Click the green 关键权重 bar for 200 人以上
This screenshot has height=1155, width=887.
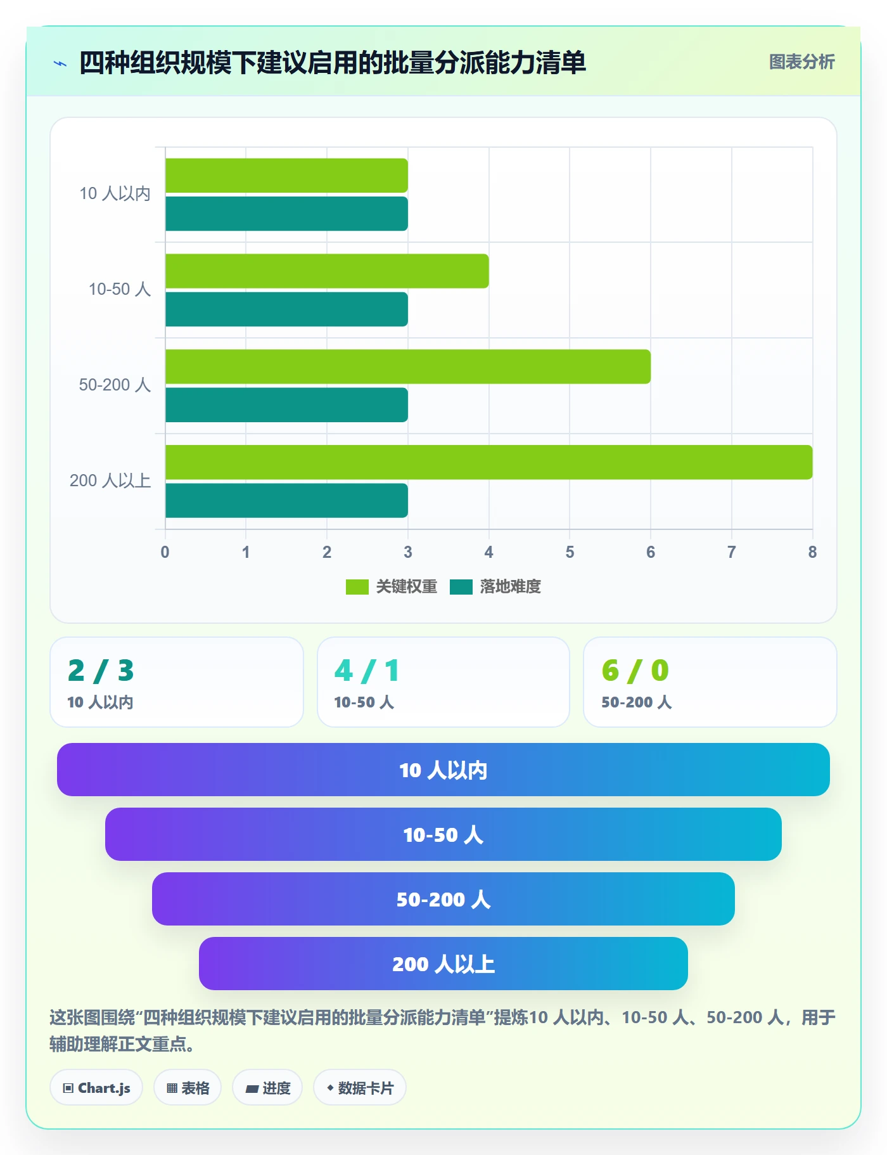pyautogui.click(x=488, y=462)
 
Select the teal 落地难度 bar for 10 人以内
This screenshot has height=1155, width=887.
pyautogui.click(x=286, y=214)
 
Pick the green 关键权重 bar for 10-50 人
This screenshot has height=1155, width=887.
pyautogui.click(x=327, y=271)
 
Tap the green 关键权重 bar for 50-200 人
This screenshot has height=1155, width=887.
pyautogui.click(x=408, y=366)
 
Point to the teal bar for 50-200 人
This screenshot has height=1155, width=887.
pyautogui.click(x=286, y=405)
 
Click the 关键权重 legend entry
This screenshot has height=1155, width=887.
pyautogui.click(x=392, y=586)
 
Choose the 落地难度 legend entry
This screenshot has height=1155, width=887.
pyautogui.click(x=495, y=586)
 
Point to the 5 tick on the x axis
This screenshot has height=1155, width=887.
pyautogui.click(x=570, y=552)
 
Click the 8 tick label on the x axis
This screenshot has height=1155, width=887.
pyautogui.click(x=812, y=552)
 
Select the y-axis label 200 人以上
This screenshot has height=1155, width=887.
pyautogui.click(x=110, y=481)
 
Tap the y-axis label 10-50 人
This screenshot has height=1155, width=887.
pyautogui.click(x=120, y=289)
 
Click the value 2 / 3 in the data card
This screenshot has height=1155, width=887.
pyautogui.click(x=101, y=671)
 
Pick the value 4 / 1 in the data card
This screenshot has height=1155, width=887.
pyautogui.click(x=367, y=671)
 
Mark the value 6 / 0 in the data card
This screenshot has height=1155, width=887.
pyautogui.click(x=635, y=671)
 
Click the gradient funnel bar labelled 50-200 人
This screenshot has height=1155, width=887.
pyautogui.click(x=443, y=899)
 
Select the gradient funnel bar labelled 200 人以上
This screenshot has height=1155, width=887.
pyautogui.click(x=443, y=964)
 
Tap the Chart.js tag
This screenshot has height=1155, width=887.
pyautogui.click(x=96, y=1088)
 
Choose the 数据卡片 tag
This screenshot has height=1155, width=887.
pyautogui.click(x=360, y=1088)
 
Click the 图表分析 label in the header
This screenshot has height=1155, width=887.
pyautogui.click(x=802, y=62)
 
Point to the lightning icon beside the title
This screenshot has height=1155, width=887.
pyautogui.click(x=60, y=63)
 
